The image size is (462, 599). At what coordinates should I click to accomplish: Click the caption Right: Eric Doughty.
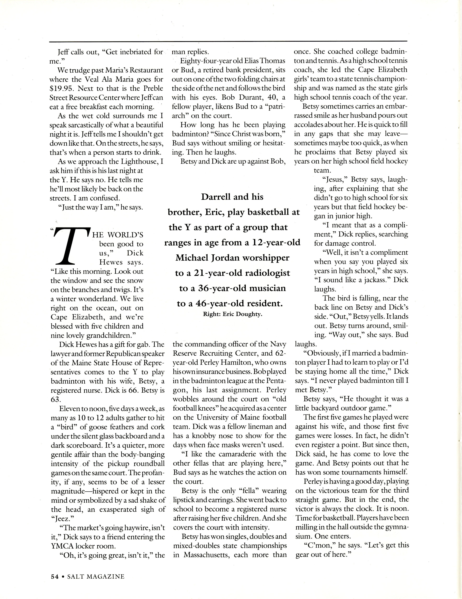click(x=232, y=314)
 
